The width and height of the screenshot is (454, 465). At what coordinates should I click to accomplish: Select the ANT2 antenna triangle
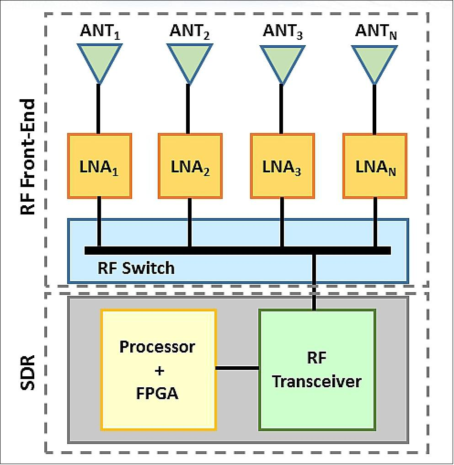pos(188,59)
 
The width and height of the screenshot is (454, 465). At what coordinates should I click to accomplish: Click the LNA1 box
pos(99,166)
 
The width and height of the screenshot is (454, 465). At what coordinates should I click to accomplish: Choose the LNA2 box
pos(190,166)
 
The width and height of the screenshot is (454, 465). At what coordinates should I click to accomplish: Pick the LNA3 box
pos(282,166)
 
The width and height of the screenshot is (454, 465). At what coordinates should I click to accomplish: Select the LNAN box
pos(375,166)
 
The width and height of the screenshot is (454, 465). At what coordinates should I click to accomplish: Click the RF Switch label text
pos(136,267)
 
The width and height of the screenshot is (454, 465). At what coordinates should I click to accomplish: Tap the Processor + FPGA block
pos(158,370)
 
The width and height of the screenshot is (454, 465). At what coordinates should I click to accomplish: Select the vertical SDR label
pos(28,370)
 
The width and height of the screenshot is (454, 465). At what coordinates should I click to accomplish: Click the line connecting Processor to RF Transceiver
pos(237,367)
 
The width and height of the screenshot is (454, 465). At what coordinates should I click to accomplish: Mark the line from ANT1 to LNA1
pos(98,108)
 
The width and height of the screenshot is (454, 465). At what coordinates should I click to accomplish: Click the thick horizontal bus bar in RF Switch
pos(237,250)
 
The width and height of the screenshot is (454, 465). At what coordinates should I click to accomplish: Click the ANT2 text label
pos(189,32)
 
